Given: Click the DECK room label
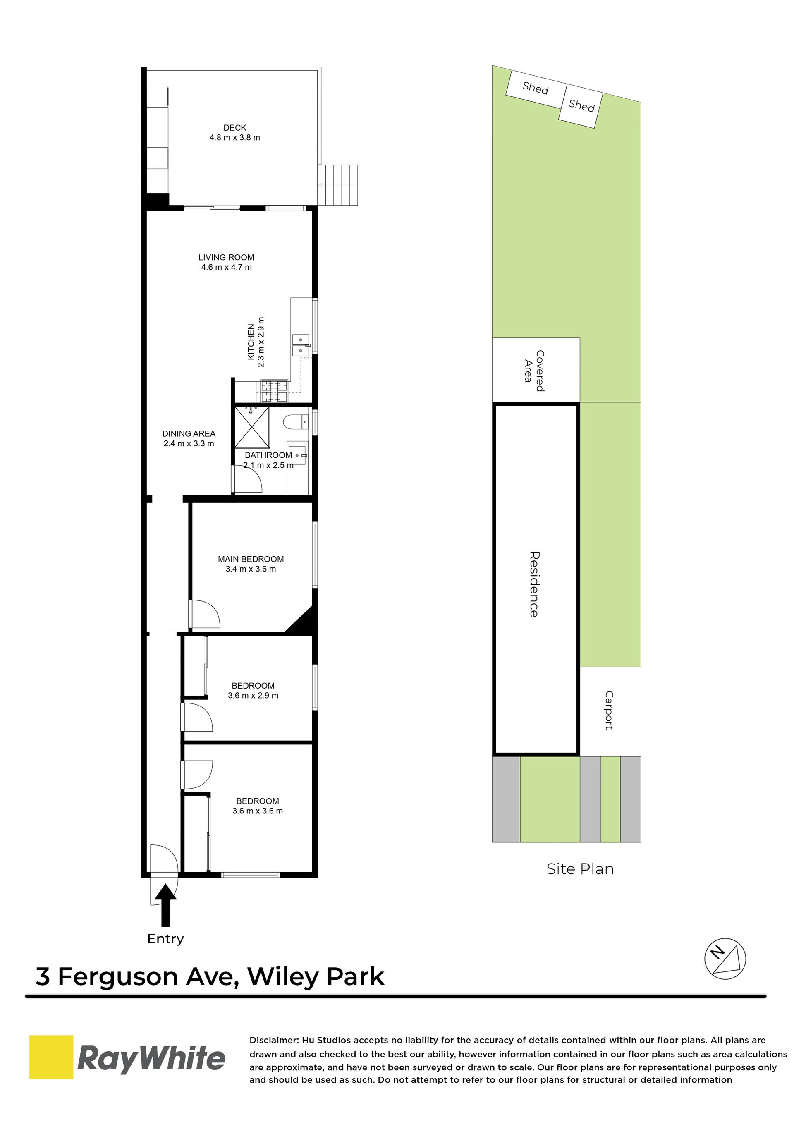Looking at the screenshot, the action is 234,128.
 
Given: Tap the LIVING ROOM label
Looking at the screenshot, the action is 226,257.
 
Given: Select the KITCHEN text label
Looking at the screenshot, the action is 251,342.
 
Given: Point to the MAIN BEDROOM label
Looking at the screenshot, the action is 251,559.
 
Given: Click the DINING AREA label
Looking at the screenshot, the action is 189,434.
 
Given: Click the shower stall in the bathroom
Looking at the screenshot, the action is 252,427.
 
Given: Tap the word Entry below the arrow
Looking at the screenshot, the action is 166,939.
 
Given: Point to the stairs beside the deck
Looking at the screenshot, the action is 338,185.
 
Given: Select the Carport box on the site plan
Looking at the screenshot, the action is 610,711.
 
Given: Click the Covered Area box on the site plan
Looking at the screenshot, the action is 536,370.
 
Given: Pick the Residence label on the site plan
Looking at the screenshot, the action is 534,584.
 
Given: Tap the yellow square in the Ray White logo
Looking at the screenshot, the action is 51,1057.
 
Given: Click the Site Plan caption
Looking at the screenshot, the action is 580,869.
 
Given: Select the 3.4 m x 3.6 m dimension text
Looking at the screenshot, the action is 251,569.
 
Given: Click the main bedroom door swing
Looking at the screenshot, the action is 206,614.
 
